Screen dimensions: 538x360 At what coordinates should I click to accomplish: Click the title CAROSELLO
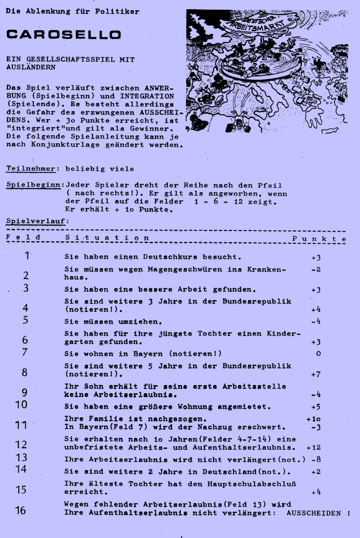(x=63, y=35)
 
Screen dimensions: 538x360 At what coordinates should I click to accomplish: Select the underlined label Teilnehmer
(x=30, y=169)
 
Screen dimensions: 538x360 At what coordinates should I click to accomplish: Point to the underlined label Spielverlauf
(x=36, y=221)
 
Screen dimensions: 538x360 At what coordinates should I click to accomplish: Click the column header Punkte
(x=319, y=238)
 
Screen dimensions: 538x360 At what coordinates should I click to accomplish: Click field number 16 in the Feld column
(x=21, y=510)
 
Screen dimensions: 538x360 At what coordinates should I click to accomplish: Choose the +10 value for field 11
(x=314, y=418)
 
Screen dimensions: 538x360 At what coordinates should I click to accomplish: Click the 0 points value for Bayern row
(x=319, y=354)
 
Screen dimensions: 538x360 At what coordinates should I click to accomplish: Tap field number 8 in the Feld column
(x=25, y=372)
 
